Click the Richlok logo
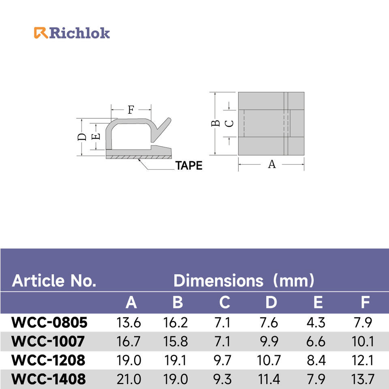pos(72,33)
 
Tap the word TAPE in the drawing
pos(189,165)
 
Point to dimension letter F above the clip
pos(131,109)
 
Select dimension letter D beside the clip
pos(82,137)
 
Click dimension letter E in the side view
pos(96,137)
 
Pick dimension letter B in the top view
pos(215,123)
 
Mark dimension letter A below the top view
pos(272,164)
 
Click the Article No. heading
pos(54,280)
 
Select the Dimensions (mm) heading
pos(244,280)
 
